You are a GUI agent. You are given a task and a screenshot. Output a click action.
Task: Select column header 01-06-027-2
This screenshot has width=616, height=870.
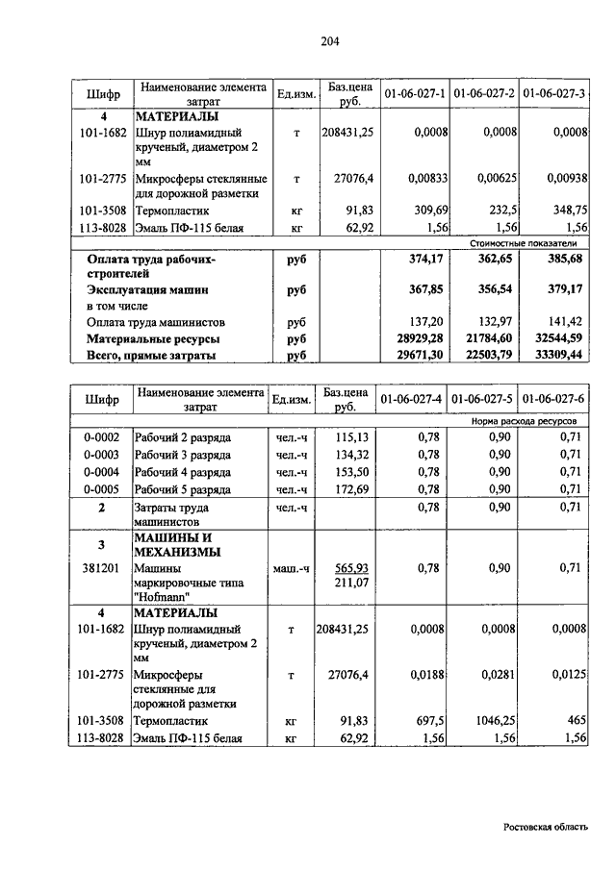click(x=485, y=93)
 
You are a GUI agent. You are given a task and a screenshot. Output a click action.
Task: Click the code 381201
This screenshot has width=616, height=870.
click(x=100, y=568)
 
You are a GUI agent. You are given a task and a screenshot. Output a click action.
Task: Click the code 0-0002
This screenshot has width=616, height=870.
click(x=100, y=437)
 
